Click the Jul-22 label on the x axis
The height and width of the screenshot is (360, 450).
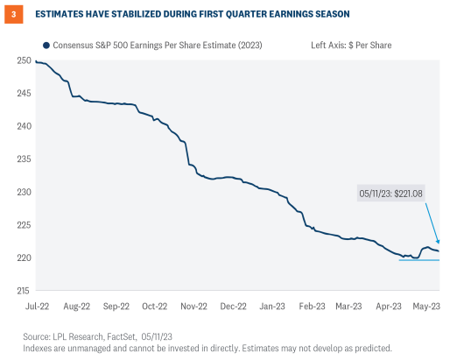[x=38, y=307]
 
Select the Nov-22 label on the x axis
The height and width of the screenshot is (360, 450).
[x=193, y=307]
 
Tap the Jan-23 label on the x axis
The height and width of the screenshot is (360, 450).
[x=271, y=307]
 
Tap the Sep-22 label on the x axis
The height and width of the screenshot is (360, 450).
[x=116, y=307]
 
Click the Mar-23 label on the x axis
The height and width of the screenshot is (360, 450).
[x=349, y=307]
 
